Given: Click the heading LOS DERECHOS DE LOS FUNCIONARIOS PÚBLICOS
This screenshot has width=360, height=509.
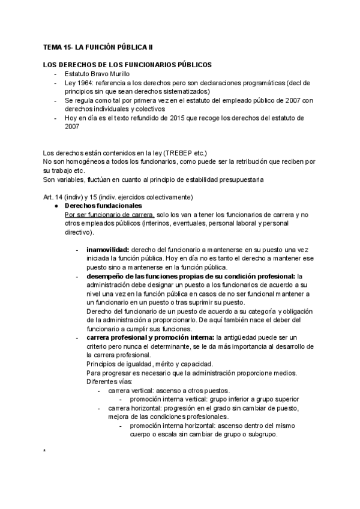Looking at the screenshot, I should [126, 64].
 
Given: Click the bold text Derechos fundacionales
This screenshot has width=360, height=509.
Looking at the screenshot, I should [103, 205].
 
